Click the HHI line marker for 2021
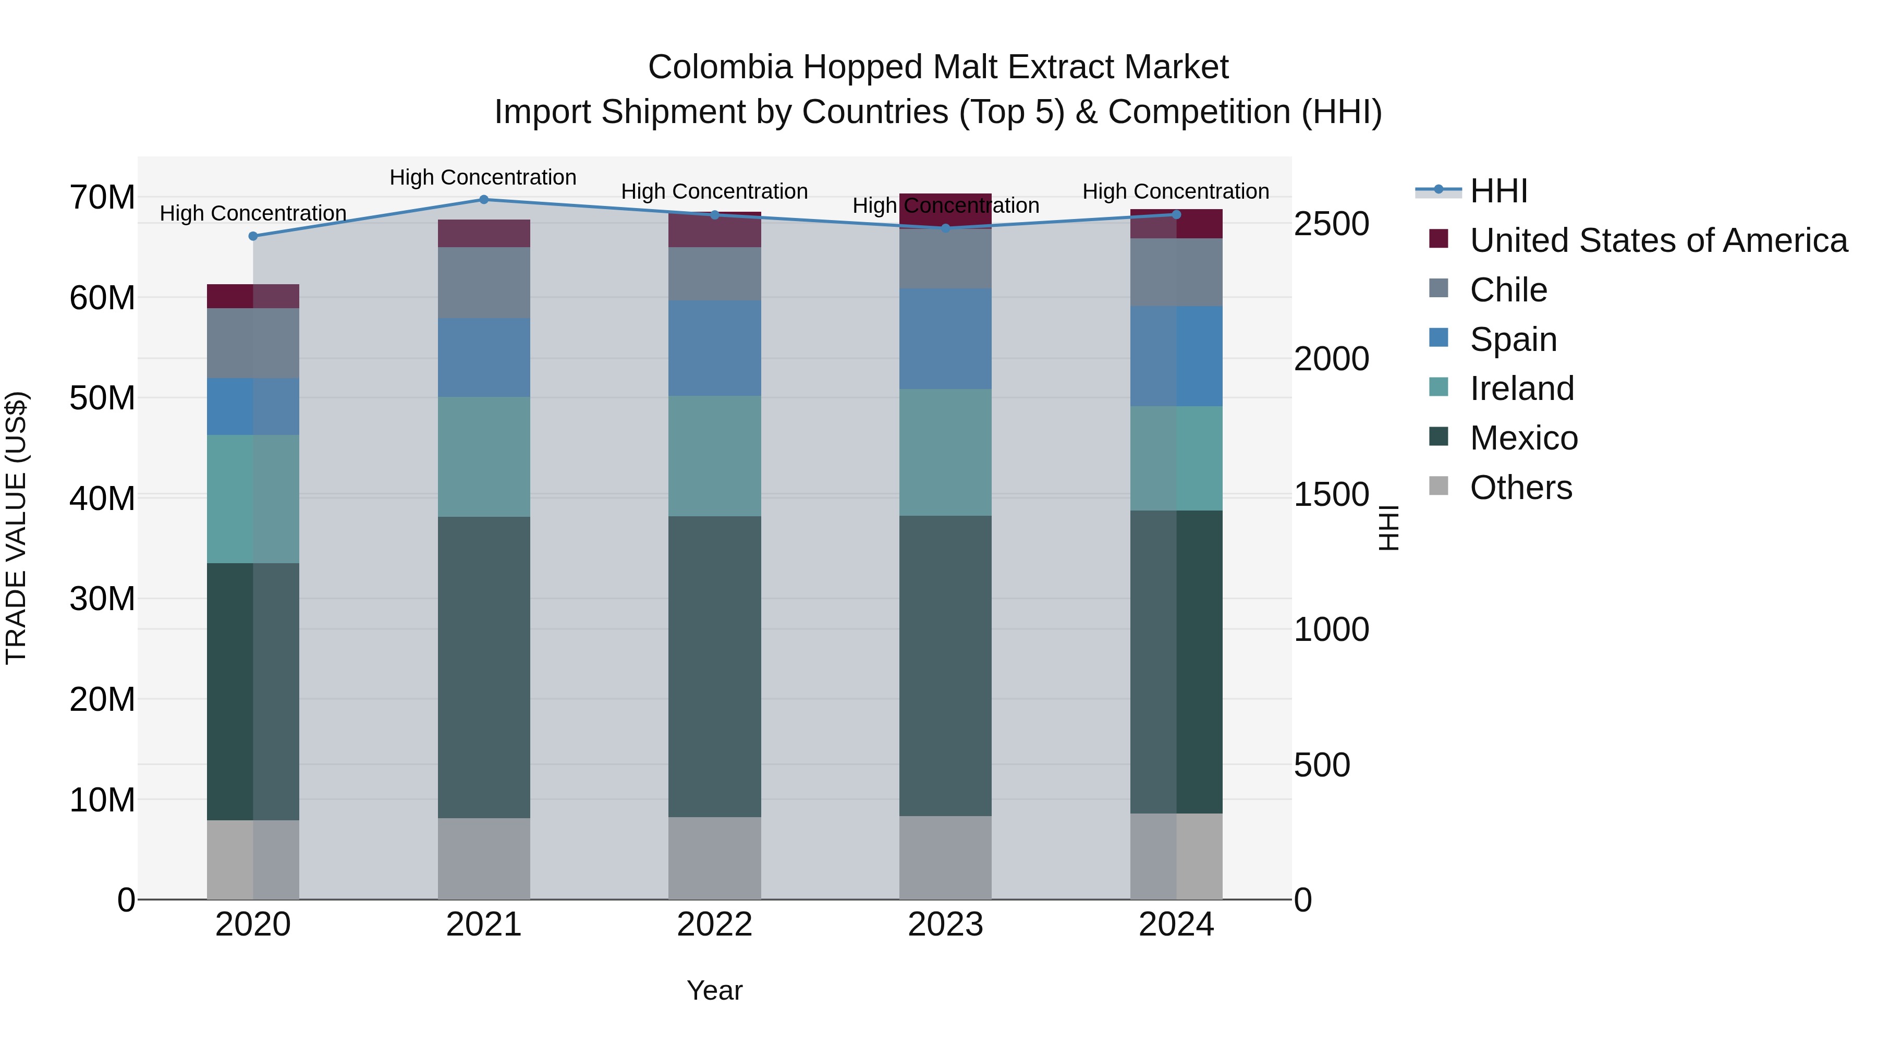pos(484,200)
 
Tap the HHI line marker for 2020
pos(253,236)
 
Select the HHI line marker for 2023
pos(946,228)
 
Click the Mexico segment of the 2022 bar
pos(715,667)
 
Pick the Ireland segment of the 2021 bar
pos(484,457)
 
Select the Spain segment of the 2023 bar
pos(946,339)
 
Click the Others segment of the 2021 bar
pos(484,858)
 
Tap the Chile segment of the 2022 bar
pos(715,274)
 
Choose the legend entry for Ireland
pos(1521,389)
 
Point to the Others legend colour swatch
pos(1439,486)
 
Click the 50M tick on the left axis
pos(103,398)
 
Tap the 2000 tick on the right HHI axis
pos(1331,359)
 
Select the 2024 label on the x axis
pos(1176,925)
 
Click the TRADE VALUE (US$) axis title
pos(16,528)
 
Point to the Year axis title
pos(714,990)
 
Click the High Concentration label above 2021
pos(483,177)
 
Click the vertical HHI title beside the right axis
pos(1390,528)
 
